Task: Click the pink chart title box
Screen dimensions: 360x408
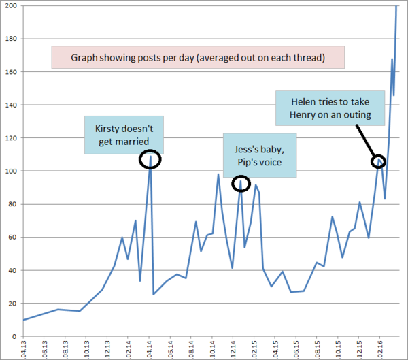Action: [198, 58]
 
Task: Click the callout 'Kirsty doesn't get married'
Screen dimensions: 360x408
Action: [124, 134]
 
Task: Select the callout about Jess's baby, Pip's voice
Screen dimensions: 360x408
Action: [260, 155]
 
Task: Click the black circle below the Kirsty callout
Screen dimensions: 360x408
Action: [150, 159]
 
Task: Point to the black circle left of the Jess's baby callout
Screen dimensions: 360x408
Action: [241, 183]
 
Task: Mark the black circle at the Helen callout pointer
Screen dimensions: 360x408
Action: [378, 161]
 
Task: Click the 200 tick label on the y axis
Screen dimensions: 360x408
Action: [12, 6]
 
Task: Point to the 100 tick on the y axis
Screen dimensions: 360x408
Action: [12, 171]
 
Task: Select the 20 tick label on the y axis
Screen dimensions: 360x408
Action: [14, 304]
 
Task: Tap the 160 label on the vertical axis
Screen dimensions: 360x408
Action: [12, 72]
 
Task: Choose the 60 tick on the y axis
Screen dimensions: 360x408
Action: [14, 238]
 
